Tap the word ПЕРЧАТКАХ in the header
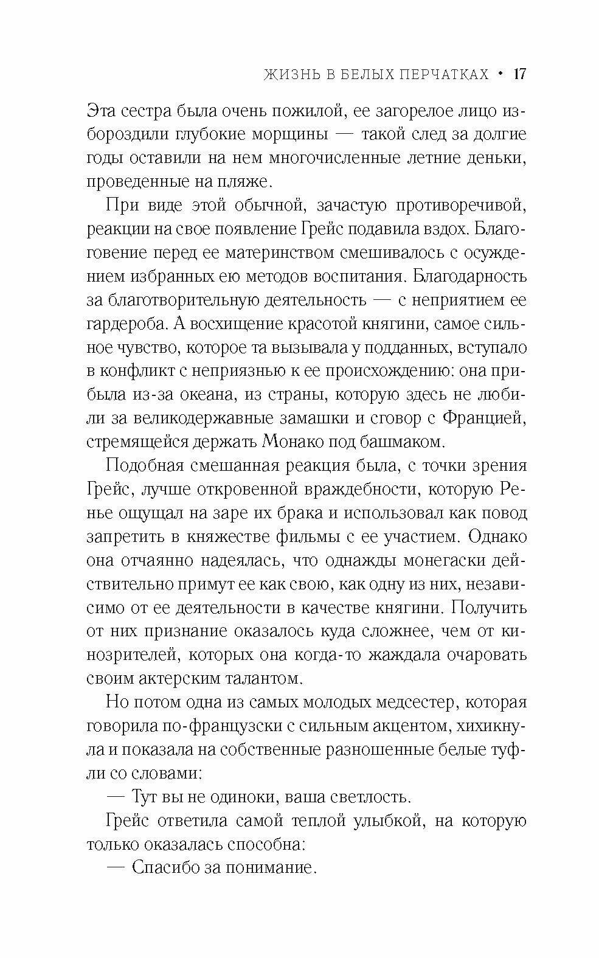[434, 75]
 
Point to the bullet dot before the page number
[500, 74]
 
